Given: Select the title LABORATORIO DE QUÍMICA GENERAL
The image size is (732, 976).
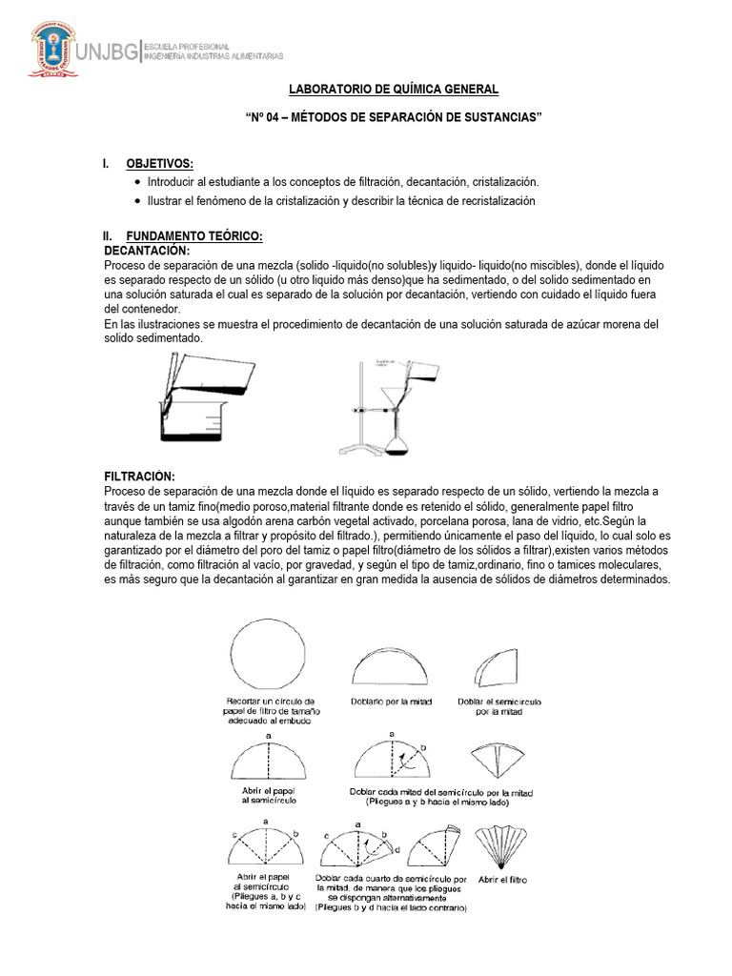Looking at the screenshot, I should tap(394, 90).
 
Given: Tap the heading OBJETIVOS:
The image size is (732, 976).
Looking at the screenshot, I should tap(159, 163).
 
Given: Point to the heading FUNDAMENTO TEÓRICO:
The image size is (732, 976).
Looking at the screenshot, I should tap(193, 235).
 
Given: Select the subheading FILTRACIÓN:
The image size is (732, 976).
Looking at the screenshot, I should tap(139, 476).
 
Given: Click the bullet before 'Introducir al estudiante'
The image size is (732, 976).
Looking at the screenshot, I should tap(138, 181).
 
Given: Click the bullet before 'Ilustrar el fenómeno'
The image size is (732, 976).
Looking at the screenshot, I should tap(138, 201).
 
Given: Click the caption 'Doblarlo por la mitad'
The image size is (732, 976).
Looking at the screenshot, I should tap(392, 702).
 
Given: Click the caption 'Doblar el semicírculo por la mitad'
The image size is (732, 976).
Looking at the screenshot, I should tap(495, 706).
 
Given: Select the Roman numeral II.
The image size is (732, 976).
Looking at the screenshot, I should tap(108, 235).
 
